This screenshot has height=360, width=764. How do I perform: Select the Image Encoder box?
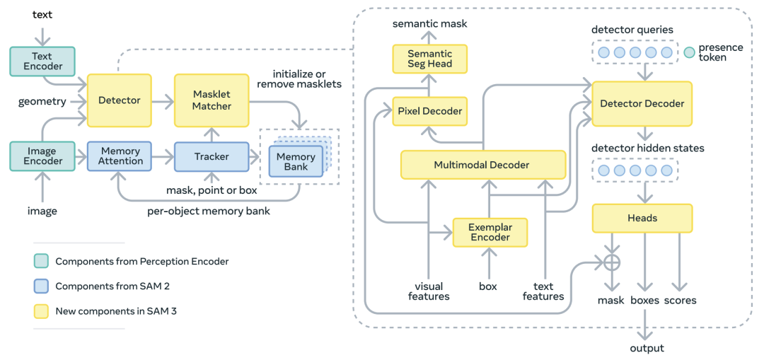point(42,156)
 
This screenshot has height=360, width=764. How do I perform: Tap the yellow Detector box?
point(120,100)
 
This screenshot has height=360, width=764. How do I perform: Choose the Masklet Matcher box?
point(212,100)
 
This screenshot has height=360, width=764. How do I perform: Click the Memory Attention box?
point(121,156)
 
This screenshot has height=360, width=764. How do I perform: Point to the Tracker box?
point(212,156)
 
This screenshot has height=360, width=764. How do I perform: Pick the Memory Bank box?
point(296,161)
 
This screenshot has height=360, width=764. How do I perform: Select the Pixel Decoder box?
point(430,111)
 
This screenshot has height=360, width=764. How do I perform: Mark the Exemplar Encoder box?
point(490,232)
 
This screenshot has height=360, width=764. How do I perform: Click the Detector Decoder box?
point(642,103)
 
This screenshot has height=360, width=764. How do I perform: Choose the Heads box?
point(642,219)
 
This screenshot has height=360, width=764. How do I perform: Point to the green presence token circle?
point(689,52)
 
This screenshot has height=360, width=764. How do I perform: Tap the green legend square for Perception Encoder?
point(42,261)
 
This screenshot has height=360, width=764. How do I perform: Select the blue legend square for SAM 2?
point(42,286)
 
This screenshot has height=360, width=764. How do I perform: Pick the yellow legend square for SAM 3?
point(42,310)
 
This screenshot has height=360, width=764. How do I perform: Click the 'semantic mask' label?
point(431,24)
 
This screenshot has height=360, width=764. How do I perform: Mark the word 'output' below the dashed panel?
point(647,349)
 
